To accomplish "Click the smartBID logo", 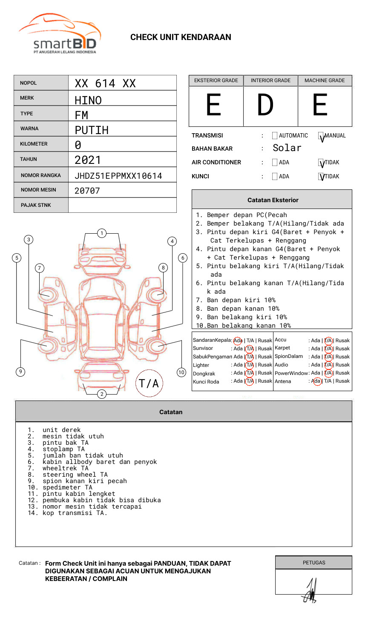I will [60, 34].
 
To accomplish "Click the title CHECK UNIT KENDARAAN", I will [181, 37].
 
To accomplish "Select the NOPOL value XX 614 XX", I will [105, 83].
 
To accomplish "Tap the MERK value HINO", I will [88, 100].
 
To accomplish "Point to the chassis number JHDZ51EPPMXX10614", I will [118, 176].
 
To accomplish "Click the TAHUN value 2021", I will [88, 160].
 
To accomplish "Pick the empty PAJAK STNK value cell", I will [122, 205].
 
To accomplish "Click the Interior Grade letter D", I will [265, 106].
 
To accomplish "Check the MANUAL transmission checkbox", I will [321, 136].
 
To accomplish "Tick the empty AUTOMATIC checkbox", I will [275, 136].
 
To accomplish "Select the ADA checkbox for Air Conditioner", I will [275, 163].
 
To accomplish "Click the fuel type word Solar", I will [287, 148].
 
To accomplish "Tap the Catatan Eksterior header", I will [273, 200].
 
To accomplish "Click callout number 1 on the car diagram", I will [101, 233].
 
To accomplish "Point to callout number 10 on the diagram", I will [181, 372].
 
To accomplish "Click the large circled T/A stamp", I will [149, 383].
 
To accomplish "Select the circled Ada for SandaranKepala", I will [238, 340].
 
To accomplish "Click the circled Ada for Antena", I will [316, 381].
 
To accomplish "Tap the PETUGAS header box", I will [314, 563].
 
